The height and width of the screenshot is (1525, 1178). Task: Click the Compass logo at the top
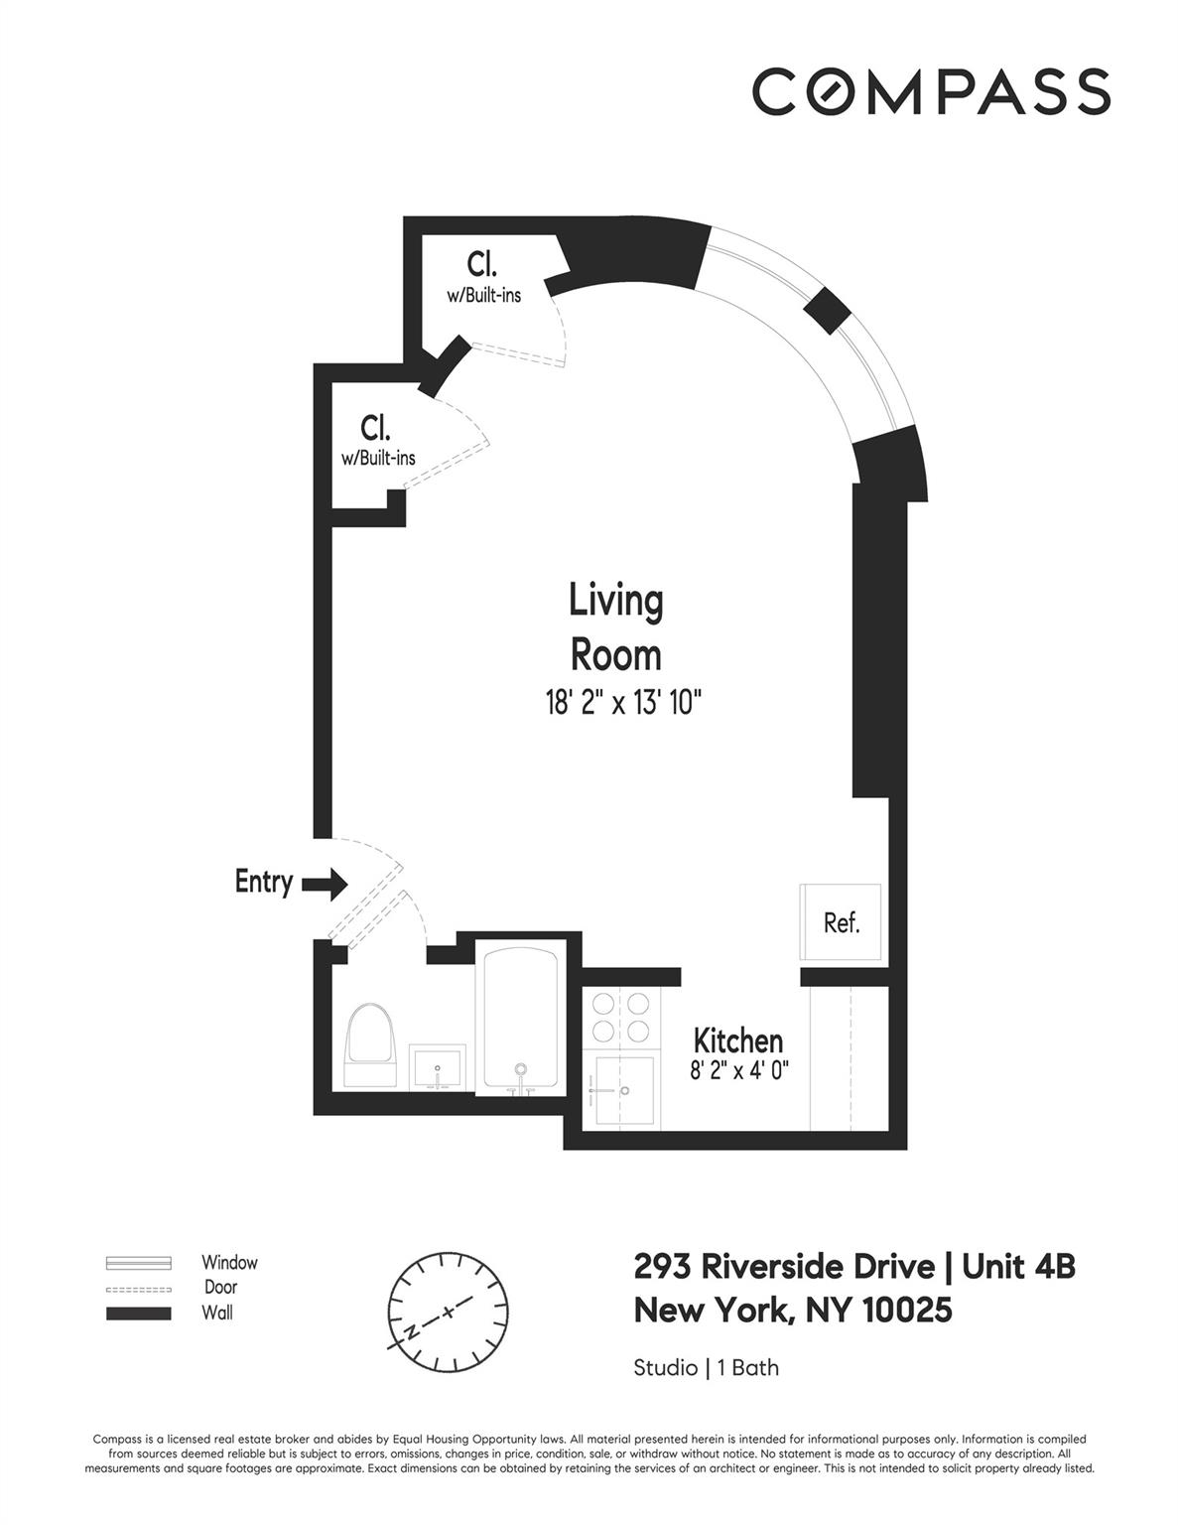coord(930,91)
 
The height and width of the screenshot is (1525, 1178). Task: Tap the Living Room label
coord(615,627)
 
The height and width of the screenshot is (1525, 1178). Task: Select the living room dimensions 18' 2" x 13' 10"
coord(623,704)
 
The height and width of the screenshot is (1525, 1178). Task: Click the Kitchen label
coord(737,1040)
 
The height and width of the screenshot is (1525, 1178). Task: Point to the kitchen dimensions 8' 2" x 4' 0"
coord(738,1070)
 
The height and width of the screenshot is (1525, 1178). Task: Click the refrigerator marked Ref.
coord(841,922)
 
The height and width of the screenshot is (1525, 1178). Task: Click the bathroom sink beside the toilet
coord(437,1069)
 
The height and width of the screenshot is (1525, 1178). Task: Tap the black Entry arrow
coord(324,883)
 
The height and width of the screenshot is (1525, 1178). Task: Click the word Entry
coord(263,882)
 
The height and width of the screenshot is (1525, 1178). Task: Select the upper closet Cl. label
coord(482,264)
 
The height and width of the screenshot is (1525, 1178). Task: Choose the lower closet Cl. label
coord(376,428)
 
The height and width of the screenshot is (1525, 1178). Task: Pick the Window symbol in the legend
coord(139,1263)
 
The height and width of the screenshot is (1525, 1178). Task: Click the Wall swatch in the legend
coord(139,1314)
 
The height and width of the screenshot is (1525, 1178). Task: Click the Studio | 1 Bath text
coord(706,1368)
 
